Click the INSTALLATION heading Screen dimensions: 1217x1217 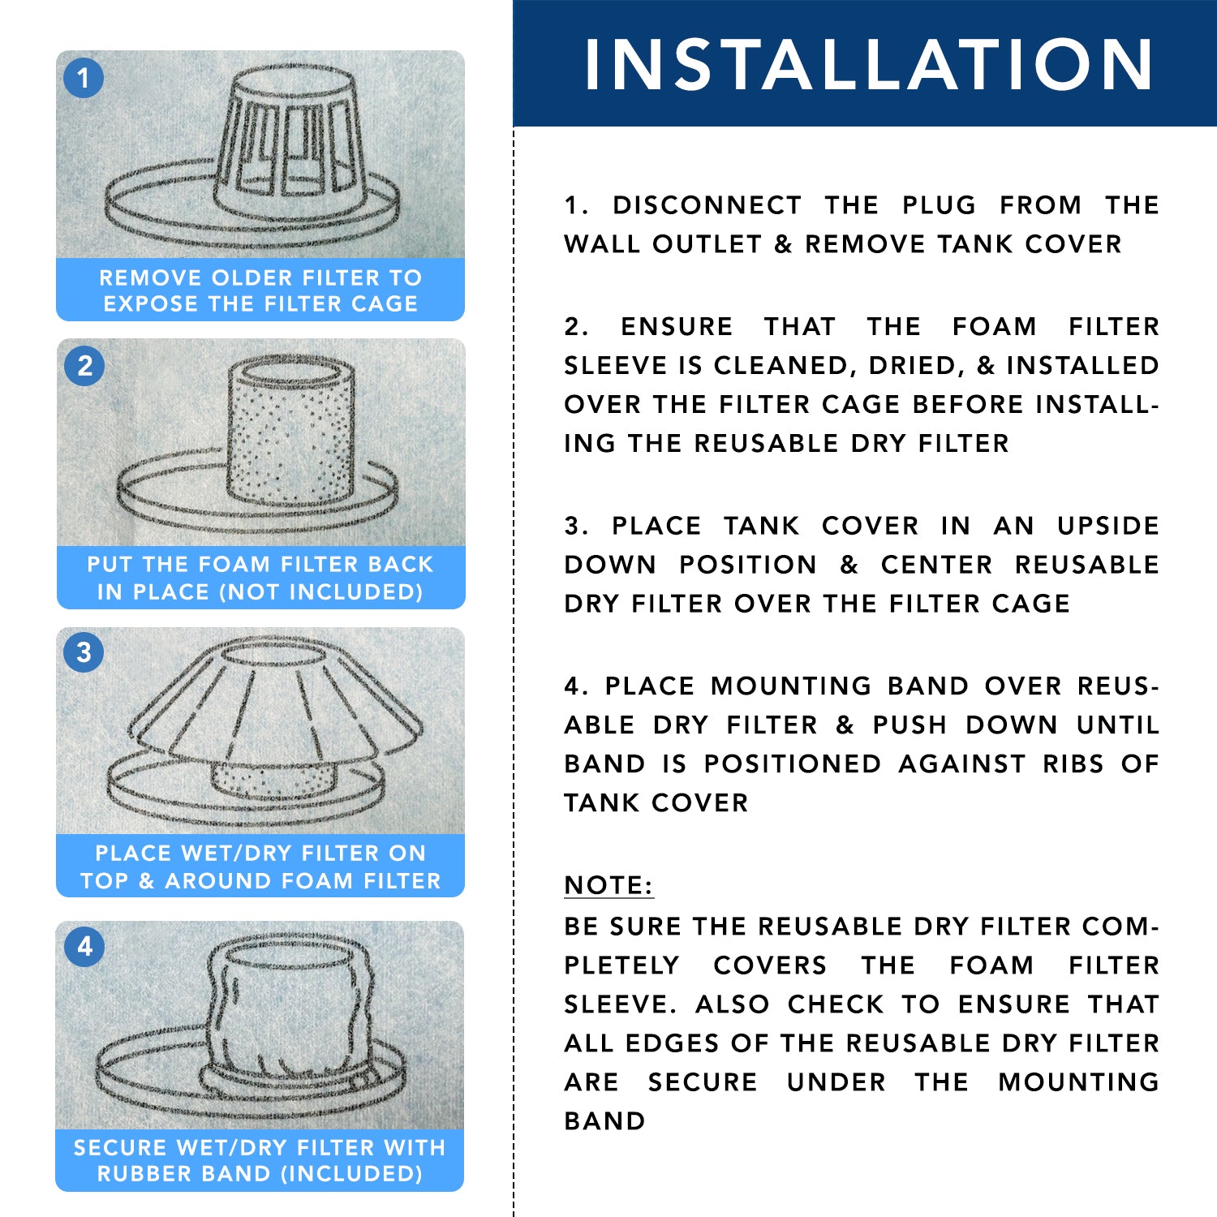[869, 64]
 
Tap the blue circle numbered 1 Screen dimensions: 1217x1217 [84, 78]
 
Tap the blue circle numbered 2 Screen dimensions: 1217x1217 [84, 366]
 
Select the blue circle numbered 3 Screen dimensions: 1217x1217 [84, 652]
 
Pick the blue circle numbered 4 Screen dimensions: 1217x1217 [84, 947]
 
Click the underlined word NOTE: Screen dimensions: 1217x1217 [608, 885]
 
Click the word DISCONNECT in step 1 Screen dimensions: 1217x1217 [707, 205]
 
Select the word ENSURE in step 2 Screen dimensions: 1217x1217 [677, 326]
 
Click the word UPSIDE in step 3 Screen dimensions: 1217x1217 [1108, 526]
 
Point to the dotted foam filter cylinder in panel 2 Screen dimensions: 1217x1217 [290, 432]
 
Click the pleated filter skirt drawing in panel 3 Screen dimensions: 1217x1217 [276, 699]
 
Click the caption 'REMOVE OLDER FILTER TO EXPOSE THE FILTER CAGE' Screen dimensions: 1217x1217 [260, 290]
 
